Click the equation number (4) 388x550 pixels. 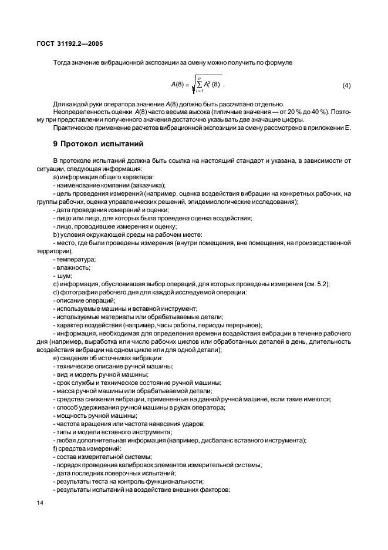tap(346, 86)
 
